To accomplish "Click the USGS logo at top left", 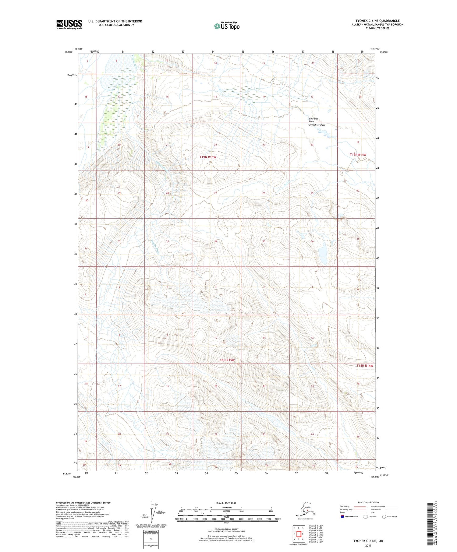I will tap(69, 24).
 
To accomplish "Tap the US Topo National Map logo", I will tap(227, 26).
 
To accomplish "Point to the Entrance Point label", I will tap(314, 120).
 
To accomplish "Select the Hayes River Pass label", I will tap(316, 125).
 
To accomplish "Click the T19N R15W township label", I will tap(208, 157).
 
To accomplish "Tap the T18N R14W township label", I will tap(365, 366).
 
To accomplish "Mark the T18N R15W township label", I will tap(226, 360).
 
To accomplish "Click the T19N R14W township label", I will tap(358, 155).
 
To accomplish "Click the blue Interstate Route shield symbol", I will tap(342, 517).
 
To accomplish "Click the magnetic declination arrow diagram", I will tap(151, 512).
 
